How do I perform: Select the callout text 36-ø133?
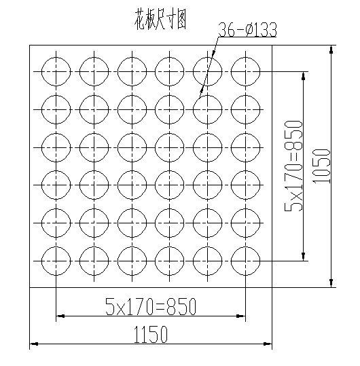click(247, 30)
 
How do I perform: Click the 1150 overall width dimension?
click(151, 335)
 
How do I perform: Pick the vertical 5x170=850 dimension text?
click(293, 166)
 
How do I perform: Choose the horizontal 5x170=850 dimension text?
click(151, 306)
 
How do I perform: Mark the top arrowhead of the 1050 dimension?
click(331, 50)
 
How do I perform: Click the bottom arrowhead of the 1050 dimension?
click(331, 283)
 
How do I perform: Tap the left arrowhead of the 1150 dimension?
click(34, 344)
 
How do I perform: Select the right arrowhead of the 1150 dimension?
click(268, 344)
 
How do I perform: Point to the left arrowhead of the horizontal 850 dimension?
click(60, 316)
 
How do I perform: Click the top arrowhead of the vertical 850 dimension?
click(303, 76)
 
